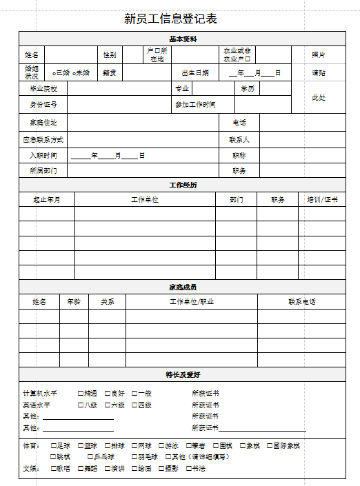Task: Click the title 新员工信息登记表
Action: (x=171, y=19)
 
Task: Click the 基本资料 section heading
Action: (x=183, y=39)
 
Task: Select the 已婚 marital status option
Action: (x=54, y=73)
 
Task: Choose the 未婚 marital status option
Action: (x=74, y=73)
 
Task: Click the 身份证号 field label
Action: (x=43, y=105)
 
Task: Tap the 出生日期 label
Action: (x=194, y=73)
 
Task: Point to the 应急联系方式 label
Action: (x=43, y=140)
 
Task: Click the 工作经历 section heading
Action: (x=183, y=185)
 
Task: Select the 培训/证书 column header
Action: (x=322, y=200)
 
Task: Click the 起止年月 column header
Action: (x=47, y=200)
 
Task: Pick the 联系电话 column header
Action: (x=302, y=302)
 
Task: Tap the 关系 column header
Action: (x=107, y=302)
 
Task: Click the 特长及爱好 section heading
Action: (x=183, y=375)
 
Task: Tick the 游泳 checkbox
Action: (x=161, y=446)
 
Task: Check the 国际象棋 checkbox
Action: (x=270, y=446)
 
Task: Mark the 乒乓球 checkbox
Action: (x=90, y=457)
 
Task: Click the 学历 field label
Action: (x=247, y=89)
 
